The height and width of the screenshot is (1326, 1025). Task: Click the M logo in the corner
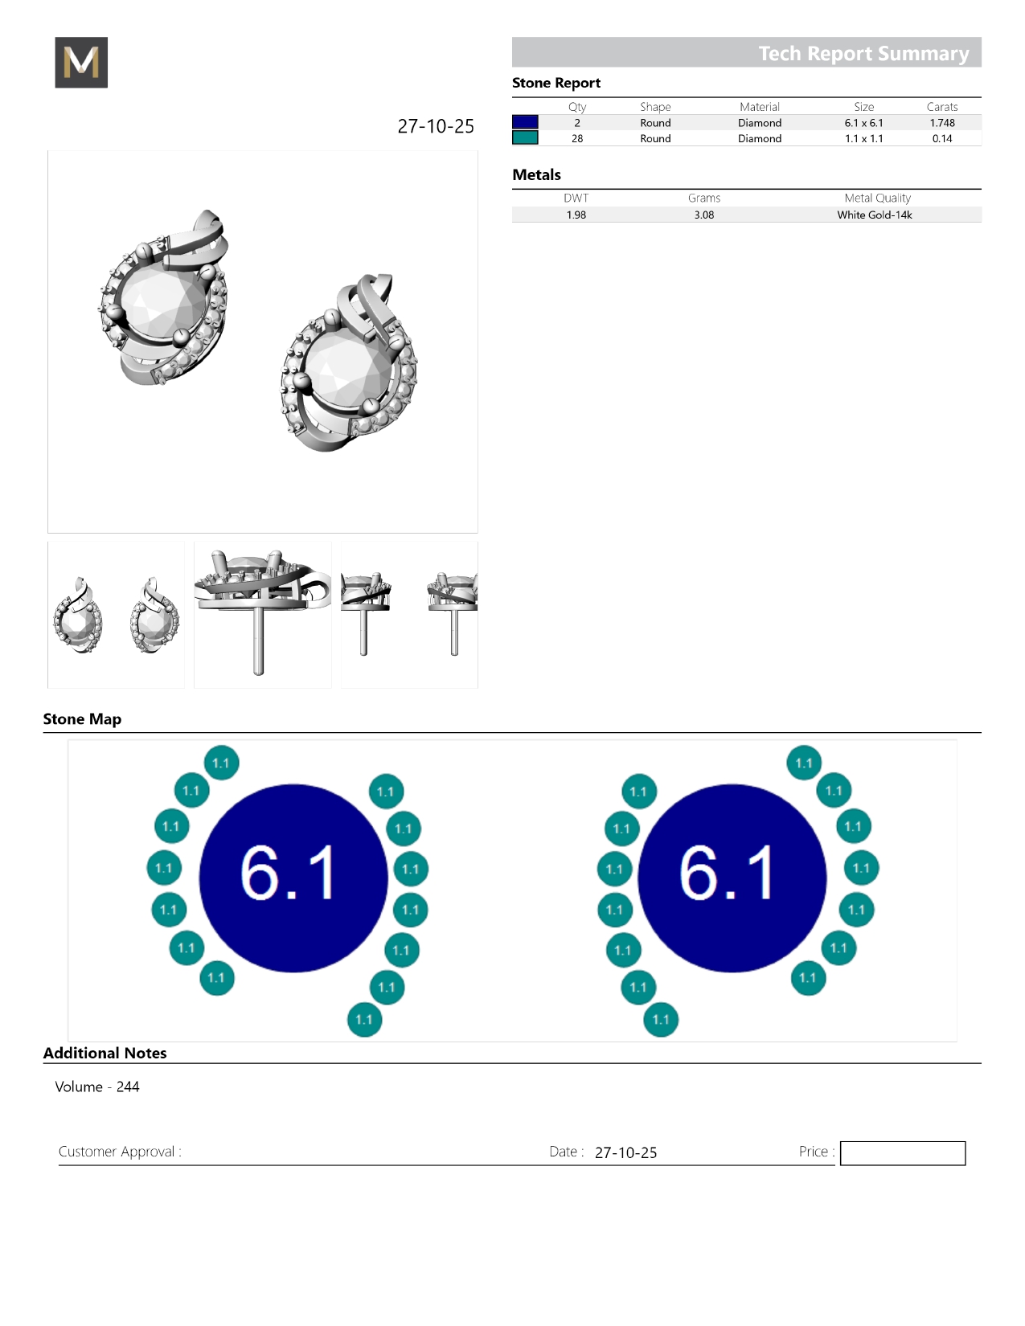click(81, 62)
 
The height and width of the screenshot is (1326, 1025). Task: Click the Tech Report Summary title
click(863, 54)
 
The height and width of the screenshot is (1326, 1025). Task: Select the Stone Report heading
click(556, 83)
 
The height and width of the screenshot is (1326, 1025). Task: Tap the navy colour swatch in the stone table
click(525, 122)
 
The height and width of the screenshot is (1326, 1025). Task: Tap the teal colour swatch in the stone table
click(525, 138)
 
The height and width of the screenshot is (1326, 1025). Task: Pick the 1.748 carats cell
click(941, 123)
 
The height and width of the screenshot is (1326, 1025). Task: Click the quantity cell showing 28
click(577, 138)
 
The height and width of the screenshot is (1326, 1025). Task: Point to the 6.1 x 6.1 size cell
click(863, 123)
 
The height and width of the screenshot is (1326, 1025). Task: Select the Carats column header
click(941, 107)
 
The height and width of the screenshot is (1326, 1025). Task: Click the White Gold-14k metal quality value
click(874, 215)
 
